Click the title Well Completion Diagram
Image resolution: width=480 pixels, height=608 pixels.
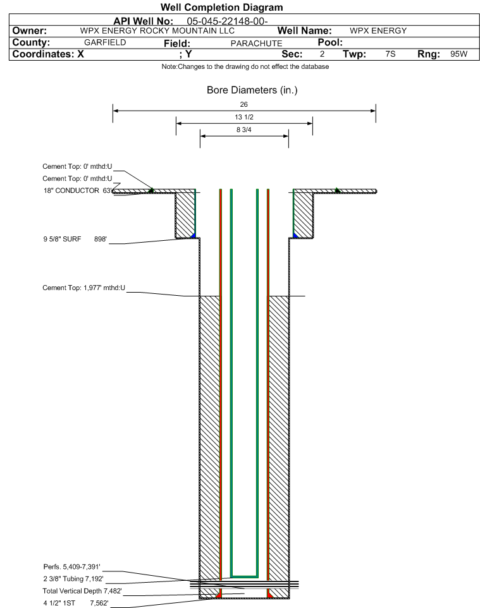tap(221, 8)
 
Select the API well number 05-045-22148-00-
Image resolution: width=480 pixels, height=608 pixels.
tap(227, 21)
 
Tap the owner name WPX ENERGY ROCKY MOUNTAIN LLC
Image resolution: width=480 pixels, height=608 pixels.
tap(157, 30)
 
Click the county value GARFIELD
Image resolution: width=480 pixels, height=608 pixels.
tap(105, 42)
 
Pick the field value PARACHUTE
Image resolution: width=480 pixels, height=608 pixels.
tap(257, 44)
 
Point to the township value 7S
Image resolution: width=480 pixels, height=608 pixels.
tap(390, 54)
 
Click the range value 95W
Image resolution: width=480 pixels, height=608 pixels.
tap(458, 54)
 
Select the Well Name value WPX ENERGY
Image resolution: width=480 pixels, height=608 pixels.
tap(378, 30)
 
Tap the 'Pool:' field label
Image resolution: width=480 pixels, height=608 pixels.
tap(330, 42)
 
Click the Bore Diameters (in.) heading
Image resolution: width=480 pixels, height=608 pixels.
tap(252, 90)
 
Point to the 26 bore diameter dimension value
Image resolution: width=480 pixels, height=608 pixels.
tap(243, 104)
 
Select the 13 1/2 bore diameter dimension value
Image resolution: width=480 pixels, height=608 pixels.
tap(244, 117)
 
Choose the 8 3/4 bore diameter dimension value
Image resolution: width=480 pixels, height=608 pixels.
tap(244, 130)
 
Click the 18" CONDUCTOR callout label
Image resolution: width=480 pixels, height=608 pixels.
tap(71, 190)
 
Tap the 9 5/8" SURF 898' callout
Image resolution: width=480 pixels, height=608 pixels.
tap(75, 240)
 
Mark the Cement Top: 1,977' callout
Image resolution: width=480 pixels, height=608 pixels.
tap(84, 288)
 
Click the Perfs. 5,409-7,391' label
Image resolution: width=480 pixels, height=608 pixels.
tap(72, 567)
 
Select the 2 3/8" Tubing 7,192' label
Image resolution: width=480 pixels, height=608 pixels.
tap(73, 579)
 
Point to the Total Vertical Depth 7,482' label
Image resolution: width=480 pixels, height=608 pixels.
tap(82, 591)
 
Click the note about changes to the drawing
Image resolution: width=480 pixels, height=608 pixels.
tap(245, 67)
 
